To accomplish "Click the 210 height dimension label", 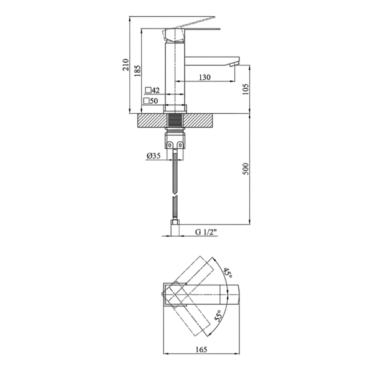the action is (x=126, y=65).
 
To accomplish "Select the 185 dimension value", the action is (x=137, y=71).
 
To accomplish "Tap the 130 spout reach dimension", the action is (x=205, y=77).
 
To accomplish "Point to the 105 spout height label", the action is (x=246, y=89).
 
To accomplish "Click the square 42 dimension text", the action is (x=152, y=90).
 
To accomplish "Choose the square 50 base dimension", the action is (x=150, y=101).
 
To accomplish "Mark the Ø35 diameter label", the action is (x=154, y=156).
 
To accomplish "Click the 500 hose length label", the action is (x=246, y=169).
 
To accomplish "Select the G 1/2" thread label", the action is (x=206, y=232).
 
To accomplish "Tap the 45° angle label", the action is (x=228, y=273).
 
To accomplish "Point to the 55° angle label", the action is (x=218, y=316).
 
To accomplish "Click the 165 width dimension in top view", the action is (x=201, y=349).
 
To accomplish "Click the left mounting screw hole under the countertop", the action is (x=170, y=145).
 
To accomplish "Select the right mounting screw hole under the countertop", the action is (x=180, y=145).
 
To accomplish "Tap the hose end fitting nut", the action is (x=175, y=228).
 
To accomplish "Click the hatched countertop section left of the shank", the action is (x=152, y=121).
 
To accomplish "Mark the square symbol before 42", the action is (x=149, y=90).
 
